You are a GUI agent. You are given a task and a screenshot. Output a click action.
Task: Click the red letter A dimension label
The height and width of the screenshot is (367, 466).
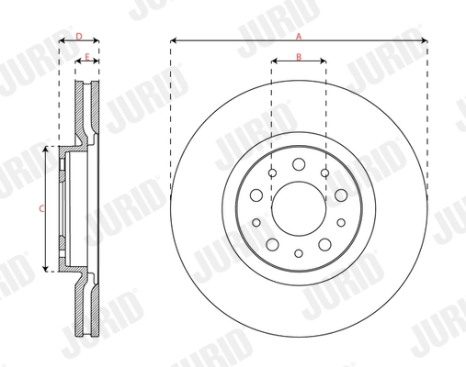(x=299, y=36)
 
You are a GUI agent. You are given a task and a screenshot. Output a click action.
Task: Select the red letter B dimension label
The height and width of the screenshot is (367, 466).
(x=299, y=57)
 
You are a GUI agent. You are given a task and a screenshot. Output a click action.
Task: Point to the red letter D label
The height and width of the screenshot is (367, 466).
(x=79, y=36)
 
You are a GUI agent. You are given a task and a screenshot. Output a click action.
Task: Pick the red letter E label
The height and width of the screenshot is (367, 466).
(x=87, y=57)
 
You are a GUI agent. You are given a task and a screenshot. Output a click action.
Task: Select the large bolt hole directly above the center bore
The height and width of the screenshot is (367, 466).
(x=299, y=164)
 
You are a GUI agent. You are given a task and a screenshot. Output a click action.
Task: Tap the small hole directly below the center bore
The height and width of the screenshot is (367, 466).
(x=299, y=252)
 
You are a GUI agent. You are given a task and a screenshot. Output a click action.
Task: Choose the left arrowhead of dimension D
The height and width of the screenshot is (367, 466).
(x=62, y=41)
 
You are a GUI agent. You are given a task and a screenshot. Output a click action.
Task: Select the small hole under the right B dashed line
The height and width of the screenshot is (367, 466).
(x=324, y=172)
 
